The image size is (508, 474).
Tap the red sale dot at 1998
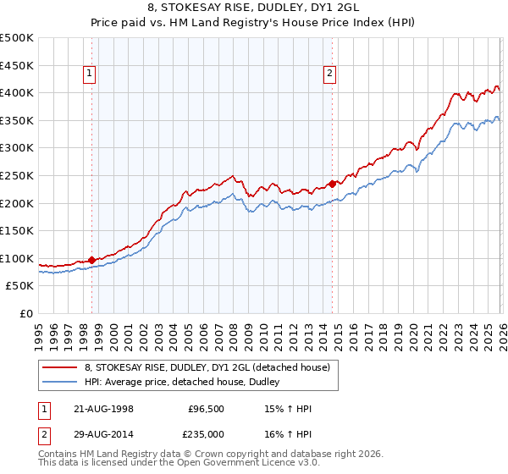point(91,260)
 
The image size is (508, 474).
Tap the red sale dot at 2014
point(332,183)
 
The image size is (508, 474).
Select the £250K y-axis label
point(17,176)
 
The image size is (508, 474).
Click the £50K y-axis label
point(20,286)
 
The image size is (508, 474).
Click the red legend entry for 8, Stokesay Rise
point(212,367)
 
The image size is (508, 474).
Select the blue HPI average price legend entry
point(187,382)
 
